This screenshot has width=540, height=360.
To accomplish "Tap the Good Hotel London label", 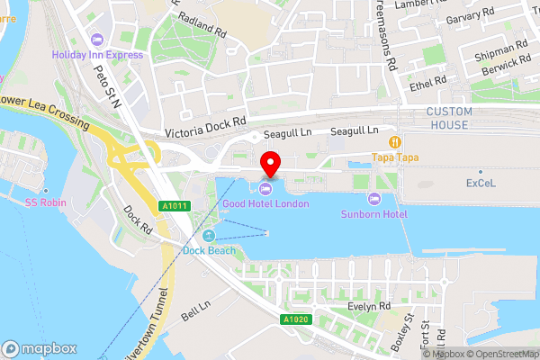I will [x=266, y=204].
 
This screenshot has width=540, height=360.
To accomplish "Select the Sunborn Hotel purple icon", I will [x=374, y=198].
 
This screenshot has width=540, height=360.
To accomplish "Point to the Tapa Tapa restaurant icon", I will [x=393, y=141].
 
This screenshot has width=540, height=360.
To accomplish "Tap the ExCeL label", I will [x=480, y=183].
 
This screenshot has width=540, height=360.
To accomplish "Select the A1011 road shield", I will [x=175, y=206].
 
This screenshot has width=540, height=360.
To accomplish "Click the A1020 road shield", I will [x=293, y=319].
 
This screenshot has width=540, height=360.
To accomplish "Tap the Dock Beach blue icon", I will [x=209, y=236].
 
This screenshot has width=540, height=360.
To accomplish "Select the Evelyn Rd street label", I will [x=369, y=307].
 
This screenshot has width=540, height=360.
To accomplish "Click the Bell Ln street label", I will [x=195, y=312].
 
